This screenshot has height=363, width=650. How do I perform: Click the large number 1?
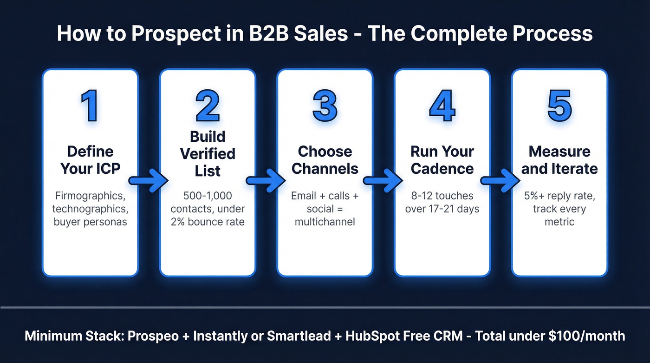[90, 106]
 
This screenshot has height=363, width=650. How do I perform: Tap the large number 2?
[208, 106]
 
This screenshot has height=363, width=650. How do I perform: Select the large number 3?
[325, 106]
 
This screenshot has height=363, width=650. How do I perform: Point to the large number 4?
[442, 106]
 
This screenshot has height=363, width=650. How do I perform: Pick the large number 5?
[559, 106]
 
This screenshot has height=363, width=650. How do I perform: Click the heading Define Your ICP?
[90, 160]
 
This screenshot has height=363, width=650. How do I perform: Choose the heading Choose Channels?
[325, 160]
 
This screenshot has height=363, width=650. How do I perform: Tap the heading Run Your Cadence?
[442, 160]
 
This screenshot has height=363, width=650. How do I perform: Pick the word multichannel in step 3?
[325, 222]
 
